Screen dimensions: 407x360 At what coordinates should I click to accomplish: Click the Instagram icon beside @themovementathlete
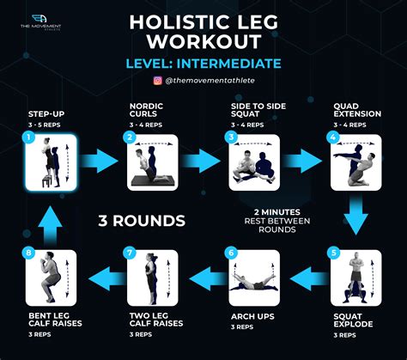(x=158, y=81)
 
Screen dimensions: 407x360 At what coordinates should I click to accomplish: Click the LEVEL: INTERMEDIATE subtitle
(x=203, y=64)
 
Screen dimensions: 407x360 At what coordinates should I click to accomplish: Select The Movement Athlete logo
(x=40, y=22)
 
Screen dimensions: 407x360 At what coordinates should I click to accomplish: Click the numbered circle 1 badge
(x=28, y=137)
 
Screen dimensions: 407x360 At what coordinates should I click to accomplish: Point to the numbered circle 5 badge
(x=333, y=253)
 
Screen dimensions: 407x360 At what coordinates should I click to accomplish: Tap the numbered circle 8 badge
(x=28, y=253)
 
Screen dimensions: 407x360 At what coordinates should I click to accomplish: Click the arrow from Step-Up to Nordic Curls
(x=99, y=161)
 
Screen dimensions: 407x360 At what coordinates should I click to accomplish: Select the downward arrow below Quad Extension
(x=355, y=216)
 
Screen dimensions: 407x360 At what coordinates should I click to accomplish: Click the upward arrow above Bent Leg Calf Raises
(x=50, y=226)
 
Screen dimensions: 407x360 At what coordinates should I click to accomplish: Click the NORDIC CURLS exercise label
(x=146, y=110)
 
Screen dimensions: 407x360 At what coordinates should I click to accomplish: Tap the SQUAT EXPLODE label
(x=353, y=320)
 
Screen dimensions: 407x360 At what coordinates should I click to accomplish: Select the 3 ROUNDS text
(x=142, y=221)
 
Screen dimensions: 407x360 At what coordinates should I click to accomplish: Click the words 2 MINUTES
(x=277, y=212)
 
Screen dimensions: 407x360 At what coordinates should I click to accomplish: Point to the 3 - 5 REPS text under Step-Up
(x=45, y=125)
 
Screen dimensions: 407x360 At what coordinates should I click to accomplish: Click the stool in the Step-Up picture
(x=47, y=181)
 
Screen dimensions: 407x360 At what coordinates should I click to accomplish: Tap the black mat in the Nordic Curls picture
(x=150, y=180)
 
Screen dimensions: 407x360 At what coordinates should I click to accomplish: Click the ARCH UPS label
(x=252, y=316)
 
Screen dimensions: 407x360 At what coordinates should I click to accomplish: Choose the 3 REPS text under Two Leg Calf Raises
(x=141, y=334)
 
